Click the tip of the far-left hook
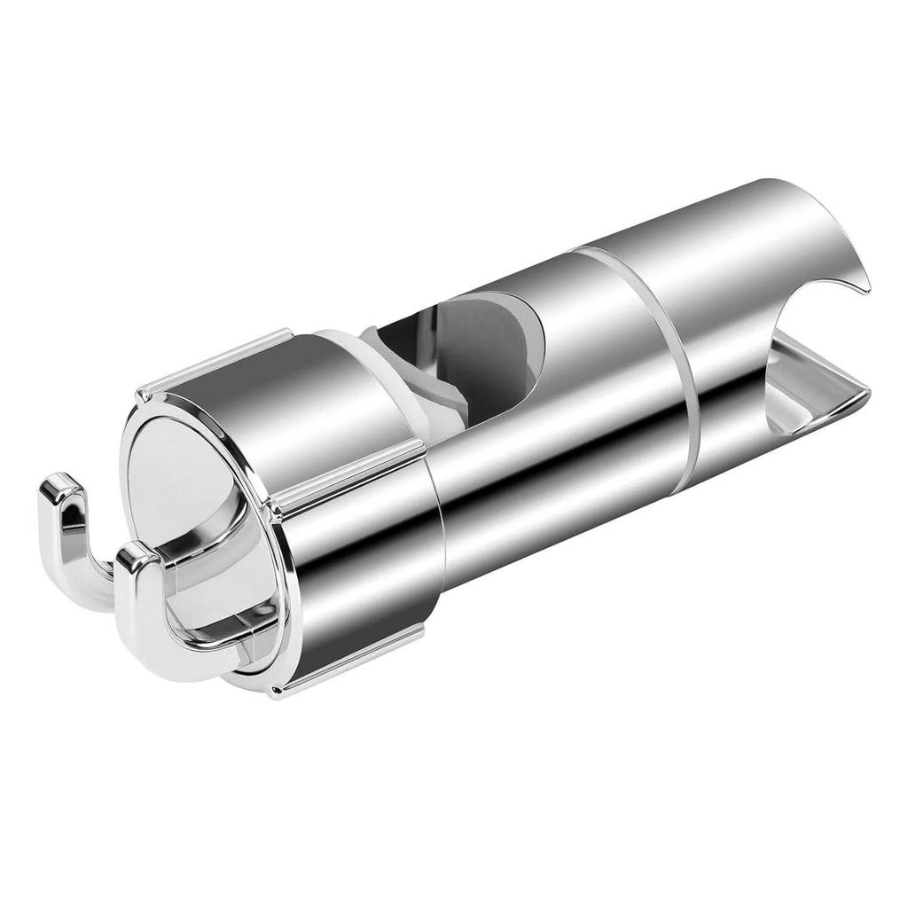[59, 487]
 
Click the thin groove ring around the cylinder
[683, 355]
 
